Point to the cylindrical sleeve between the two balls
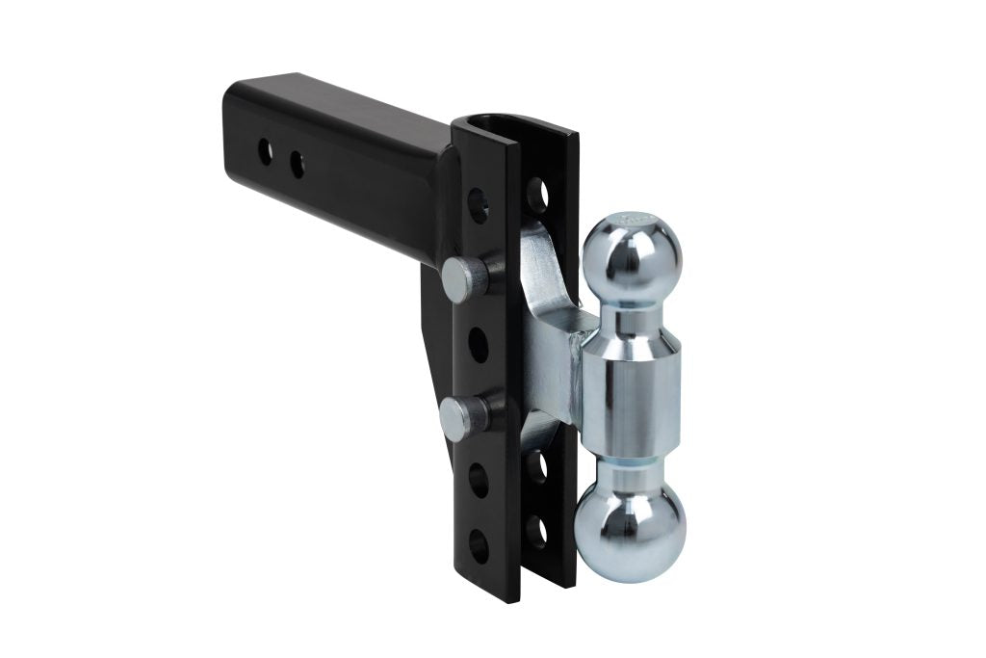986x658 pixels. tap(632, 389)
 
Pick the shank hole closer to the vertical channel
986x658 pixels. tap(298, 164)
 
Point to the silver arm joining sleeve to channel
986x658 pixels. tap(554, 328)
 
